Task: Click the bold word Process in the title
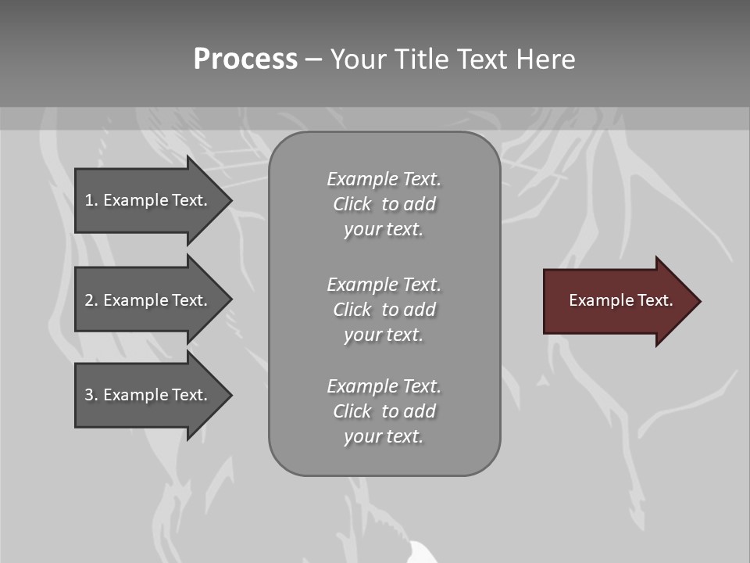tap(245, 59)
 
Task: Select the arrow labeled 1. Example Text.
tap(148, 200)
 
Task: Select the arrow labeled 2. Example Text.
tap(148, 300)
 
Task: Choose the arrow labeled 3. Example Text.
tap(148, 395)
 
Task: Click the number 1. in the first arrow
tap(91, 200)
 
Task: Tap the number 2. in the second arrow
tap(91, 300)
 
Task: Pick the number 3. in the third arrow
tap(91, 395)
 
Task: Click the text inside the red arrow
tap(620, 300)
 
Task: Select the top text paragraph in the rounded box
tap(384, 204)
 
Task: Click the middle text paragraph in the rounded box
tap(384, 310)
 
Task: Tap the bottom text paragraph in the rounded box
tap(384, 411)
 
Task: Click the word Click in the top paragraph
tap(352, 204)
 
